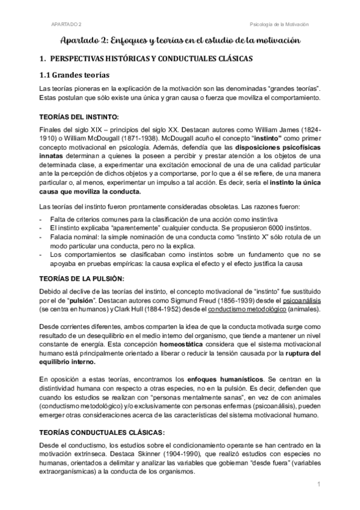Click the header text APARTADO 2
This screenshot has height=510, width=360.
(x=67, y=24)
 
